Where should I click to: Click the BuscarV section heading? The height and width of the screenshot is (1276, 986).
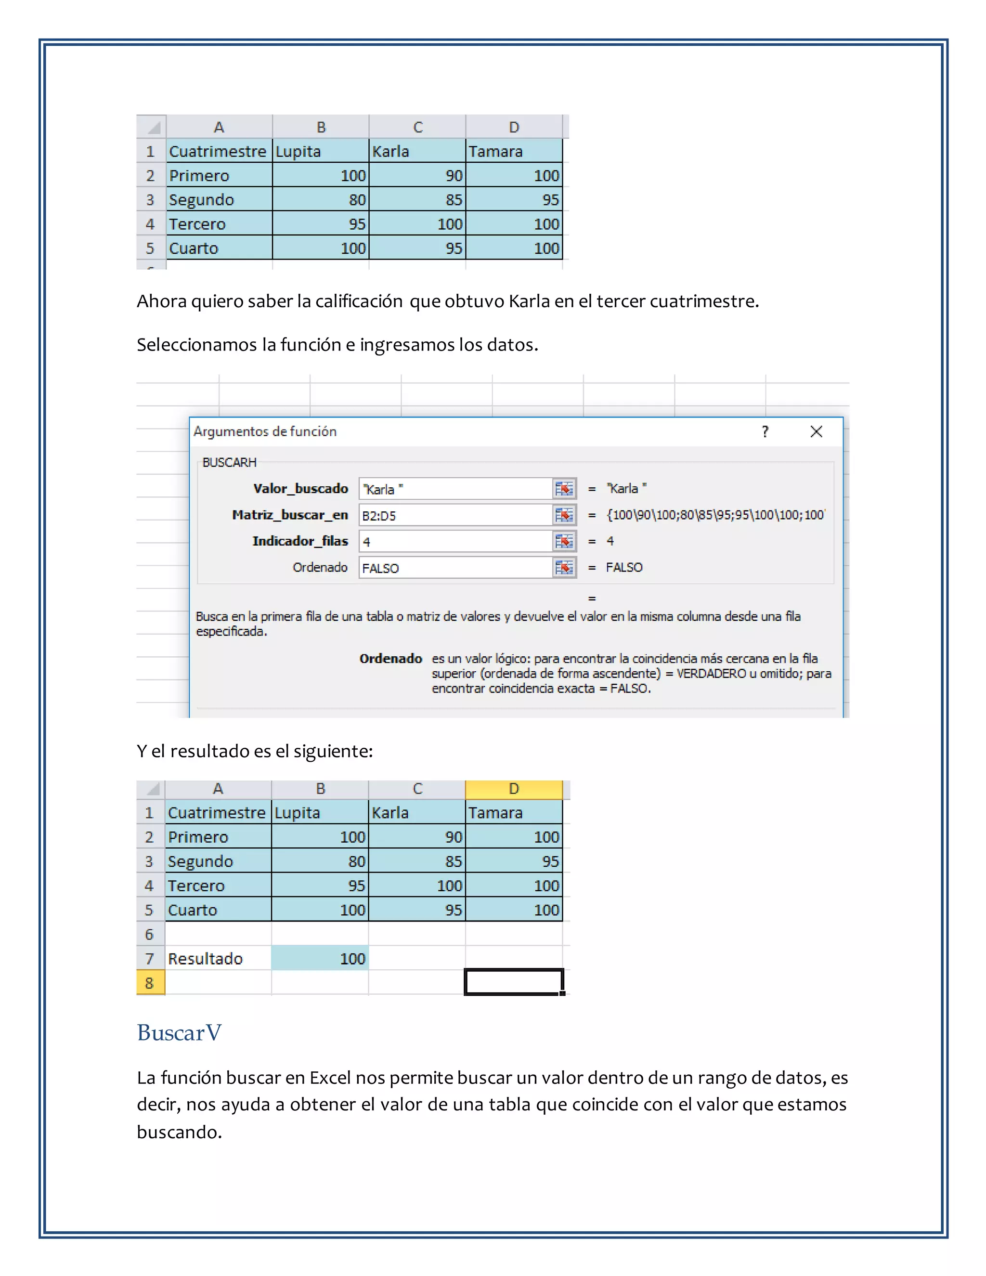coord(179,1033)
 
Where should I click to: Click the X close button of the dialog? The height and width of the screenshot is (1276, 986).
coord(816,432)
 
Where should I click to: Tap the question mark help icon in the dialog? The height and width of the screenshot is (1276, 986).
coord(765,432)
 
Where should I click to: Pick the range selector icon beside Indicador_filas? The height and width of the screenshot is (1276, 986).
coord(564,542)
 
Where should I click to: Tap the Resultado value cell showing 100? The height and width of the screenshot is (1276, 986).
coord(320,959)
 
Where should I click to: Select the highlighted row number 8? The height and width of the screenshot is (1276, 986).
coord(150,983)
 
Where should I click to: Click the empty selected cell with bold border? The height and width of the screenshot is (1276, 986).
coord(513,982)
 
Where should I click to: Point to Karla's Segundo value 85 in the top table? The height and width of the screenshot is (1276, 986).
coord(417,200)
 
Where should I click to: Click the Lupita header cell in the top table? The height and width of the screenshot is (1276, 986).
coord(320,151)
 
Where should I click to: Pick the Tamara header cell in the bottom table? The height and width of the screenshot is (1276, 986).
coord(513,813)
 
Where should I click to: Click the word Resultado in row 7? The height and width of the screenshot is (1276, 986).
coord(205,959)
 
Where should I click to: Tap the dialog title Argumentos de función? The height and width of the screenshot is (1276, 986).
coord(265,432)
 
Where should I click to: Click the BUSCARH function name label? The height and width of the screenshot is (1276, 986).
coord(229,463)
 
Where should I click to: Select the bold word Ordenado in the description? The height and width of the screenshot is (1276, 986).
coord(390,658)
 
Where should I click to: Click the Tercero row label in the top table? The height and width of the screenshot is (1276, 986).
coord(197,224)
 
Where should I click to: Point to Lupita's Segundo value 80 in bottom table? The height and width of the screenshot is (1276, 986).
coord(320,862)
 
